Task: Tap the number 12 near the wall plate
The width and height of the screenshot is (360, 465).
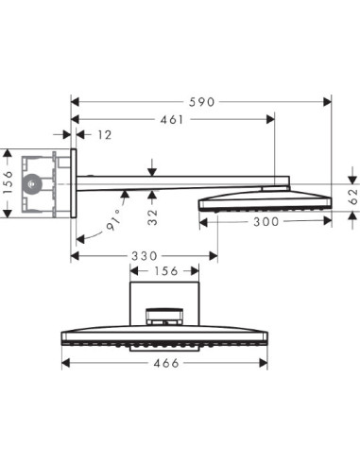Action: coord(104,136)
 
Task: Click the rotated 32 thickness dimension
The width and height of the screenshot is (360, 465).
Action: coord(153,215)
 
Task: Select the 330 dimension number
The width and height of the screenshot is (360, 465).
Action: coord(145,255)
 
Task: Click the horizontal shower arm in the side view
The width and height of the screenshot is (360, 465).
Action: coord(180,181)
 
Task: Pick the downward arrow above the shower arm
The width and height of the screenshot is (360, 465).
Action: coord(153,169)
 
